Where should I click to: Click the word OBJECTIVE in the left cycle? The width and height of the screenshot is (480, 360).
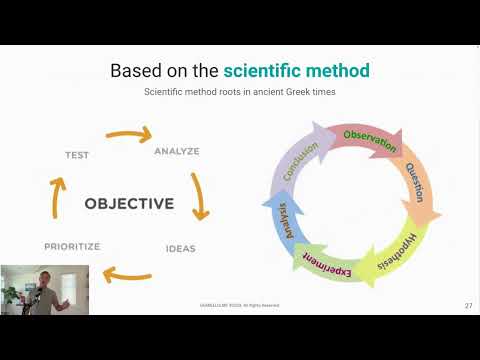click(129, 204)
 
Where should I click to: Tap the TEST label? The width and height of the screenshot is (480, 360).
click(77, 155)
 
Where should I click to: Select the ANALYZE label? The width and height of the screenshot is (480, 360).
click(177, 152)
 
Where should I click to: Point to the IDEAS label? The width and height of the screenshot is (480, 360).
click(180, 247)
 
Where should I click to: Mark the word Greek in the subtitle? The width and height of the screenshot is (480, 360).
click(291, 92)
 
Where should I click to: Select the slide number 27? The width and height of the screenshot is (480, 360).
click(468, 304)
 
